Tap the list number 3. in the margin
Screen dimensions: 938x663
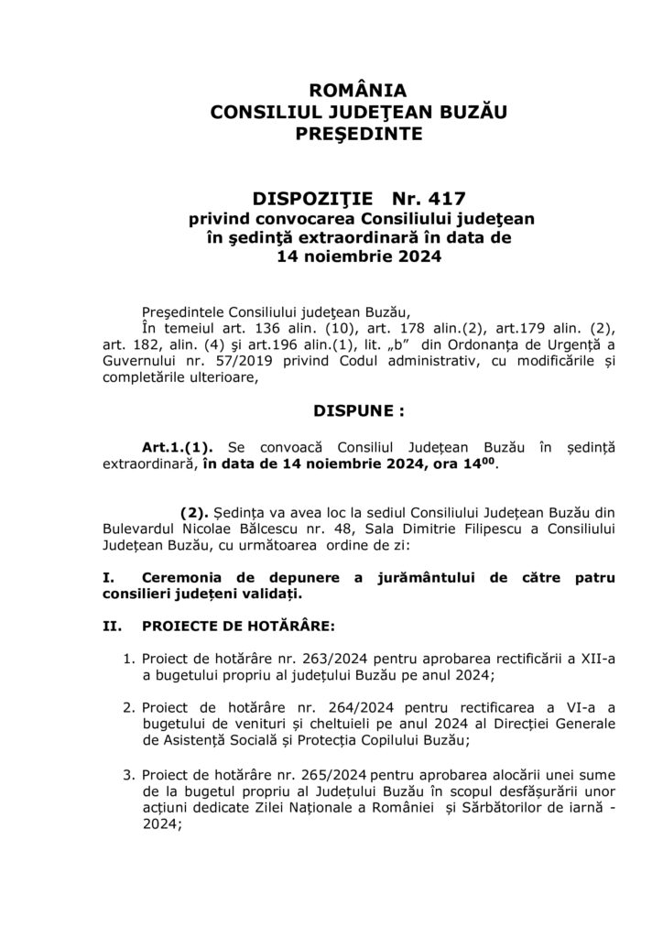[129, 775]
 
